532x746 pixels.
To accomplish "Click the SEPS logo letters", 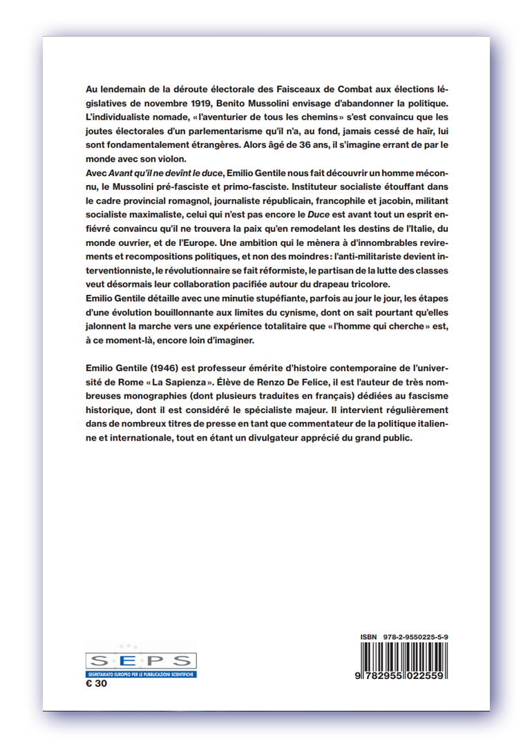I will point(140,660).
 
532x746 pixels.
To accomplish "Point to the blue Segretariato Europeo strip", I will point(140,673).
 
